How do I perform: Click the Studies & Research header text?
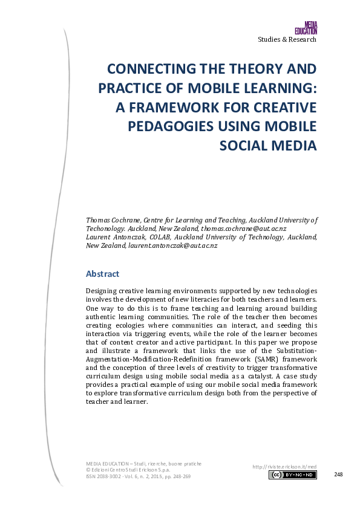coord(287,39)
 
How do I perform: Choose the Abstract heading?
coord(103,274)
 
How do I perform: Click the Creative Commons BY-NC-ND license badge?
coord(292,475)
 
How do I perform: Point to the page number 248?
coord(338,475)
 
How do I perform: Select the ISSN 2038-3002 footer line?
coord(139,476)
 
